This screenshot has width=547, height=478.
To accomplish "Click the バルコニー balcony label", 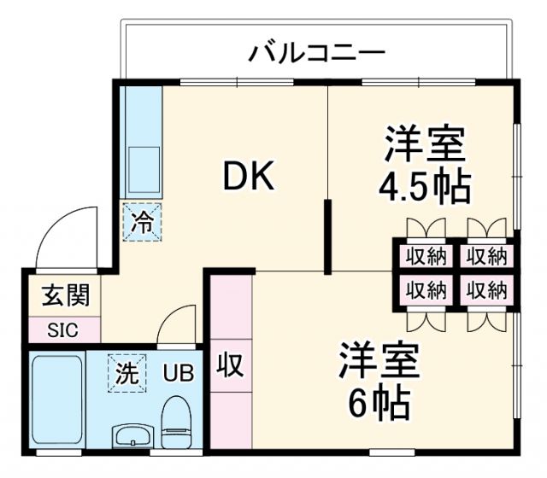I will (x=317, y=54).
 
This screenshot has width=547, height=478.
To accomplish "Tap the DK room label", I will (x=248, y=177).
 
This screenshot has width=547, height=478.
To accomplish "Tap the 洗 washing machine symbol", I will (x=126, y=373).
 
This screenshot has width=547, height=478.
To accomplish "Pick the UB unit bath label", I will (x=179, y=373).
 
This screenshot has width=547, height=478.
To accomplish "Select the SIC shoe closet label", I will (x=62, y=329).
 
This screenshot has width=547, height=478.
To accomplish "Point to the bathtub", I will (x=57, y=399).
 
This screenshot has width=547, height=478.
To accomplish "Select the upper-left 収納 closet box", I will (x=426, y=255).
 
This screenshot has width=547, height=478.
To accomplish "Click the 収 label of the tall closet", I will (x=230, y=365).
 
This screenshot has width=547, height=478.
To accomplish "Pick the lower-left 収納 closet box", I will (x=426, y=289).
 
